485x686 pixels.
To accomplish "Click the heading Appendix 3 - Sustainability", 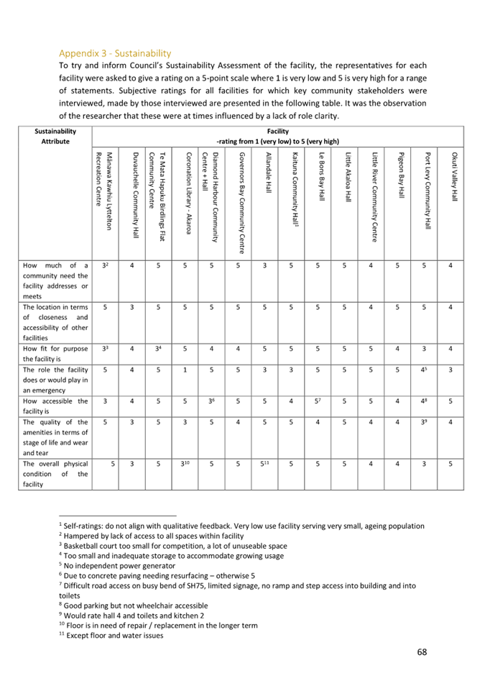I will point(115,52).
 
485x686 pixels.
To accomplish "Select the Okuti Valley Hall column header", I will point(454,176).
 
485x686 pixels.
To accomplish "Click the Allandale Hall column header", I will point(267,173).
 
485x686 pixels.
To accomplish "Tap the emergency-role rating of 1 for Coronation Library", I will point(185,370).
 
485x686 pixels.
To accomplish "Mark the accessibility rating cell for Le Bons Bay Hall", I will point(318,402).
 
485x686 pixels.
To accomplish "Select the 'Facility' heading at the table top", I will point(277,132).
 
